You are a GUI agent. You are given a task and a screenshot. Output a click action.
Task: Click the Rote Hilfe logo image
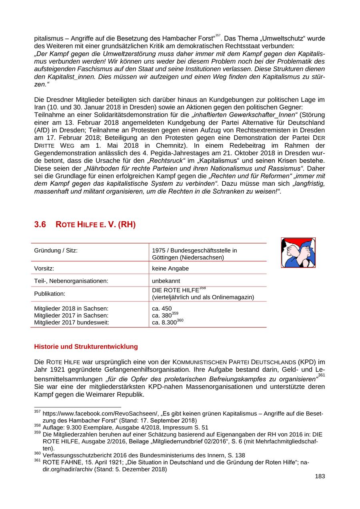[298, 252]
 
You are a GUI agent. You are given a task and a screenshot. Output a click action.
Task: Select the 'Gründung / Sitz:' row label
[56, 250]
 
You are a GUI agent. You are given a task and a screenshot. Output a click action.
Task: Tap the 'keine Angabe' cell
[170, 269]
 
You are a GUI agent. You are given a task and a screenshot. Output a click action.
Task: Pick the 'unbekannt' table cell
[166, 281]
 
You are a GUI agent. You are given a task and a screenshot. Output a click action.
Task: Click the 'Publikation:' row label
[50, 294]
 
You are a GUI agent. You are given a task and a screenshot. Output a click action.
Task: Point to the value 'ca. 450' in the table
[162, 309]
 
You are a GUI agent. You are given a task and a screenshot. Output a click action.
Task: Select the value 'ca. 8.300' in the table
[164, 322]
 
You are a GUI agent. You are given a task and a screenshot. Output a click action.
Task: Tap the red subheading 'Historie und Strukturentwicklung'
[86, 347]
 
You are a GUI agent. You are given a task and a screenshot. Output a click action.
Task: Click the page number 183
[320, 476]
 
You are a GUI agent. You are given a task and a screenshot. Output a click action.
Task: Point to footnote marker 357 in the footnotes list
[37, 412]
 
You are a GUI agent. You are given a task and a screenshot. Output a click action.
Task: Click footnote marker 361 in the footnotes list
[37, 461]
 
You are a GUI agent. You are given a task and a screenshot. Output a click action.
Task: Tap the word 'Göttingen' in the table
[166, 257]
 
